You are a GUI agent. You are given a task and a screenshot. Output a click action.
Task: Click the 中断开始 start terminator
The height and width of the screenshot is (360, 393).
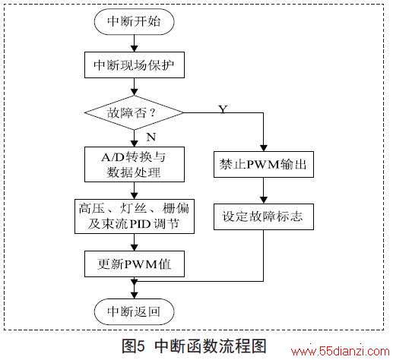coord(134,21)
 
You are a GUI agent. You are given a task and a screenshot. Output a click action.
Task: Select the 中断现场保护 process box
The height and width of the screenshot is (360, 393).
coord(135,65)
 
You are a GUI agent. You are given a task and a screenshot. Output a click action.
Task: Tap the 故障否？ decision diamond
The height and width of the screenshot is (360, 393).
coord(134,112)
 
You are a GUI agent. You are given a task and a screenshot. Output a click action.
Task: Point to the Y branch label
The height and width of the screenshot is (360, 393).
coord(223,109)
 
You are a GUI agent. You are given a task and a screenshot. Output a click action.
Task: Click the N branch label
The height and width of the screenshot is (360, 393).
coord(151,137)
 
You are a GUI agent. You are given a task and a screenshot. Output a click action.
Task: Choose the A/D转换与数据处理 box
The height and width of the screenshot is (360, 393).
coord(135,164)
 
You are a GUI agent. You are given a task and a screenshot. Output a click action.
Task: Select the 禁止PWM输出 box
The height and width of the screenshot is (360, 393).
coord(264,164)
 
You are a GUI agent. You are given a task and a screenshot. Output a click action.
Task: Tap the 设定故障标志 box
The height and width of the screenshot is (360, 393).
coord(264,216)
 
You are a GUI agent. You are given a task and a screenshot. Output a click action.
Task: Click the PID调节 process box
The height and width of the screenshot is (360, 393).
coord(135,216)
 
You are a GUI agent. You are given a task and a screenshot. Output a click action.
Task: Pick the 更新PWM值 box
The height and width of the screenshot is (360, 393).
coord(135,264)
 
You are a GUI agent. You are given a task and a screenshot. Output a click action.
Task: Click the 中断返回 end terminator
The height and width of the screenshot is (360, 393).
coord(134,311)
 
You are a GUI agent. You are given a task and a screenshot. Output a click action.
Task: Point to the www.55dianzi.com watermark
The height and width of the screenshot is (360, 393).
coord(340,352)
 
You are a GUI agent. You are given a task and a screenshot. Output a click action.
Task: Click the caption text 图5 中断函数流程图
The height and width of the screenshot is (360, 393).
coord(194,346)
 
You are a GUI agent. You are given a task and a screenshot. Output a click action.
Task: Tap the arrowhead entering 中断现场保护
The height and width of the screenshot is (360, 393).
coord(134,49)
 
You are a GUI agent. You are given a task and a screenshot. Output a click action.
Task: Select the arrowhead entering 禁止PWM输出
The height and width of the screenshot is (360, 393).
coord(264,148)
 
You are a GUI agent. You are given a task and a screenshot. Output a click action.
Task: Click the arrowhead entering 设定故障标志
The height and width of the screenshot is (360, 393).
coord(264,201)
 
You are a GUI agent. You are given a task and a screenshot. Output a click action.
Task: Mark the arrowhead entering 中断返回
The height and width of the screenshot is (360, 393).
coord(134,295)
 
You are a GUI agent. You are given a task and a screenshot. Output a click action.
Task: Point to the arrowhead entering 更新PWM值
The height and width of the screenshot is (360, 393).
coord(134,248)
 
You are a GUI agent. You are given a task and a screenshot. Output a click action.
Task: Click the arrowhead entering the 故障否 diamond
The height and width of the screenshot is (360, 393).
coord(134,92)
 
